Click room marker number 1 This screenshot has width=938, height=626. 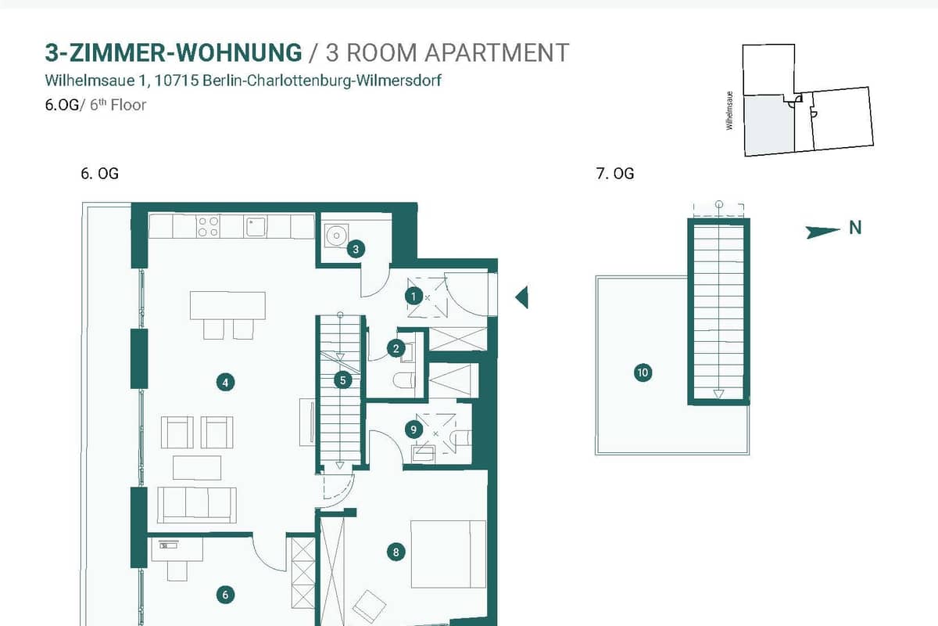[x=414, y=297]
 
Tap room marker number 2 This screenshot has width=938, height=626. [x=396, y=348]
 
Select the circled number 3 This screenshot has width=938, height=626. [x=356, y=249]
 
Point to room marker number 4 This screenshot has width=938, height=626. [x=225, y=383]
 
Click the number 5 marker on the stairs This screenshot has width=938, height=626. [x=342, y=380]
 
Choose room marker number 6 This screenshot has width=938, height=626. [x=225, y=595]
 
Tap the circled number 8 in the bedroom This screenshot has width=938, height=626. [x=396, y=552]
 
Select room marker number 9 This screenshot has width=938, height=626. [x=414, y=430]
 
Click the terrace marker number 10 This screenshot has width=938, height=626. [x=643, y=372]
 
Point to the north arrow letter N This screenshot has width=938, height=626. [x=855, y=228]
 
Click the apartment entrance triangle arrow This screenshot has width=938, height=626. [x=522, y=297]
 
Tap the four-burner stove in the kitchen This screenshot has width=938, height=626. [x=208, y=226]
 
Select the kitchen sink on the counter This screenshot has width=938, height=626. [x=256, y=226]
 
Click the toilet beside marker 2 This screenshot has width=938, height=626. [x=403, y=380]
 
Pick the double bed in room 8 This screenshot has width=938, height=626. [x=449, y=554]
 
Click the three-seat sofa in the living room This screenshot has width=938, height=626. [x=197, y=505]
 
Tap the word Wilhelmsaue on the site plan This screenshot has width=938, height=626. [x=729, y=110]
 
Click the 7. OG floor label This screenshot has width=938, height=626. [x=614, y=174]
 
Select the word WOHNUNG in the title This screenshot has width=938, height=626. [x=238, y=53]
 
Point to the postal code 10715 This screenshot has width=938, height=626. [x=177, y=80]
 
